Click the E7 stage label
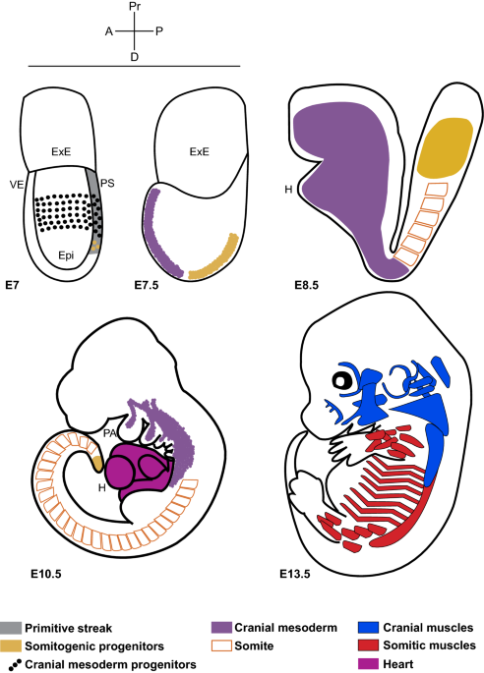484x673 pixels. point(12,285)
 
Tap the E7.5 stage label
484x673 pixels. point(147,285)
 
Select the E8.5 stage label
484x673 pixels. point(307,285)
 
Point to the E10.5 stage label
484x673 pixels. point(46,574)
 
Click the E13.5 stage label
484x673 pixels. point(295,574)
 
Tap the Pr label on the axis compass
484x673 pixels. point(135,7)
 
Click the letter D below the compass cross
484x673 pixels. point(135,57)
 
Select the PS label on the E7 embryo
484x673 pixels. point(107,184)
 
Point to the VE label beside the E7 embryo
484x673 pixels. point(17,186)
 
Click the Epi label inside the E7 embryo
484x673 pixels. point(66,255)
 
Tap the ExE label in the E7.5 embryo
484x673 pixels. point(200,151)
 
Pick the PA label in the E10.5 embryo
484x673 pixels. point(110,433)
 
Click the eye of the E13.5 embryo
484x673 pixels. point(342,380)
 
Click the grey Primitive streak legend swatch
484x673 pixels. point(10,628)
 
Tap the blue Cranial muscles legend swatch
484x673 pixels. point(368,628)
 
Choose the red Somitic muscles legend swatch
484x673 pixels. point(368,645)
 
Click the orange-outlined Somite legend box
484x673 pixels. point(221,645)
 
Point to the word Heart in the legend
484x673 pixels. point(398,664)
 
